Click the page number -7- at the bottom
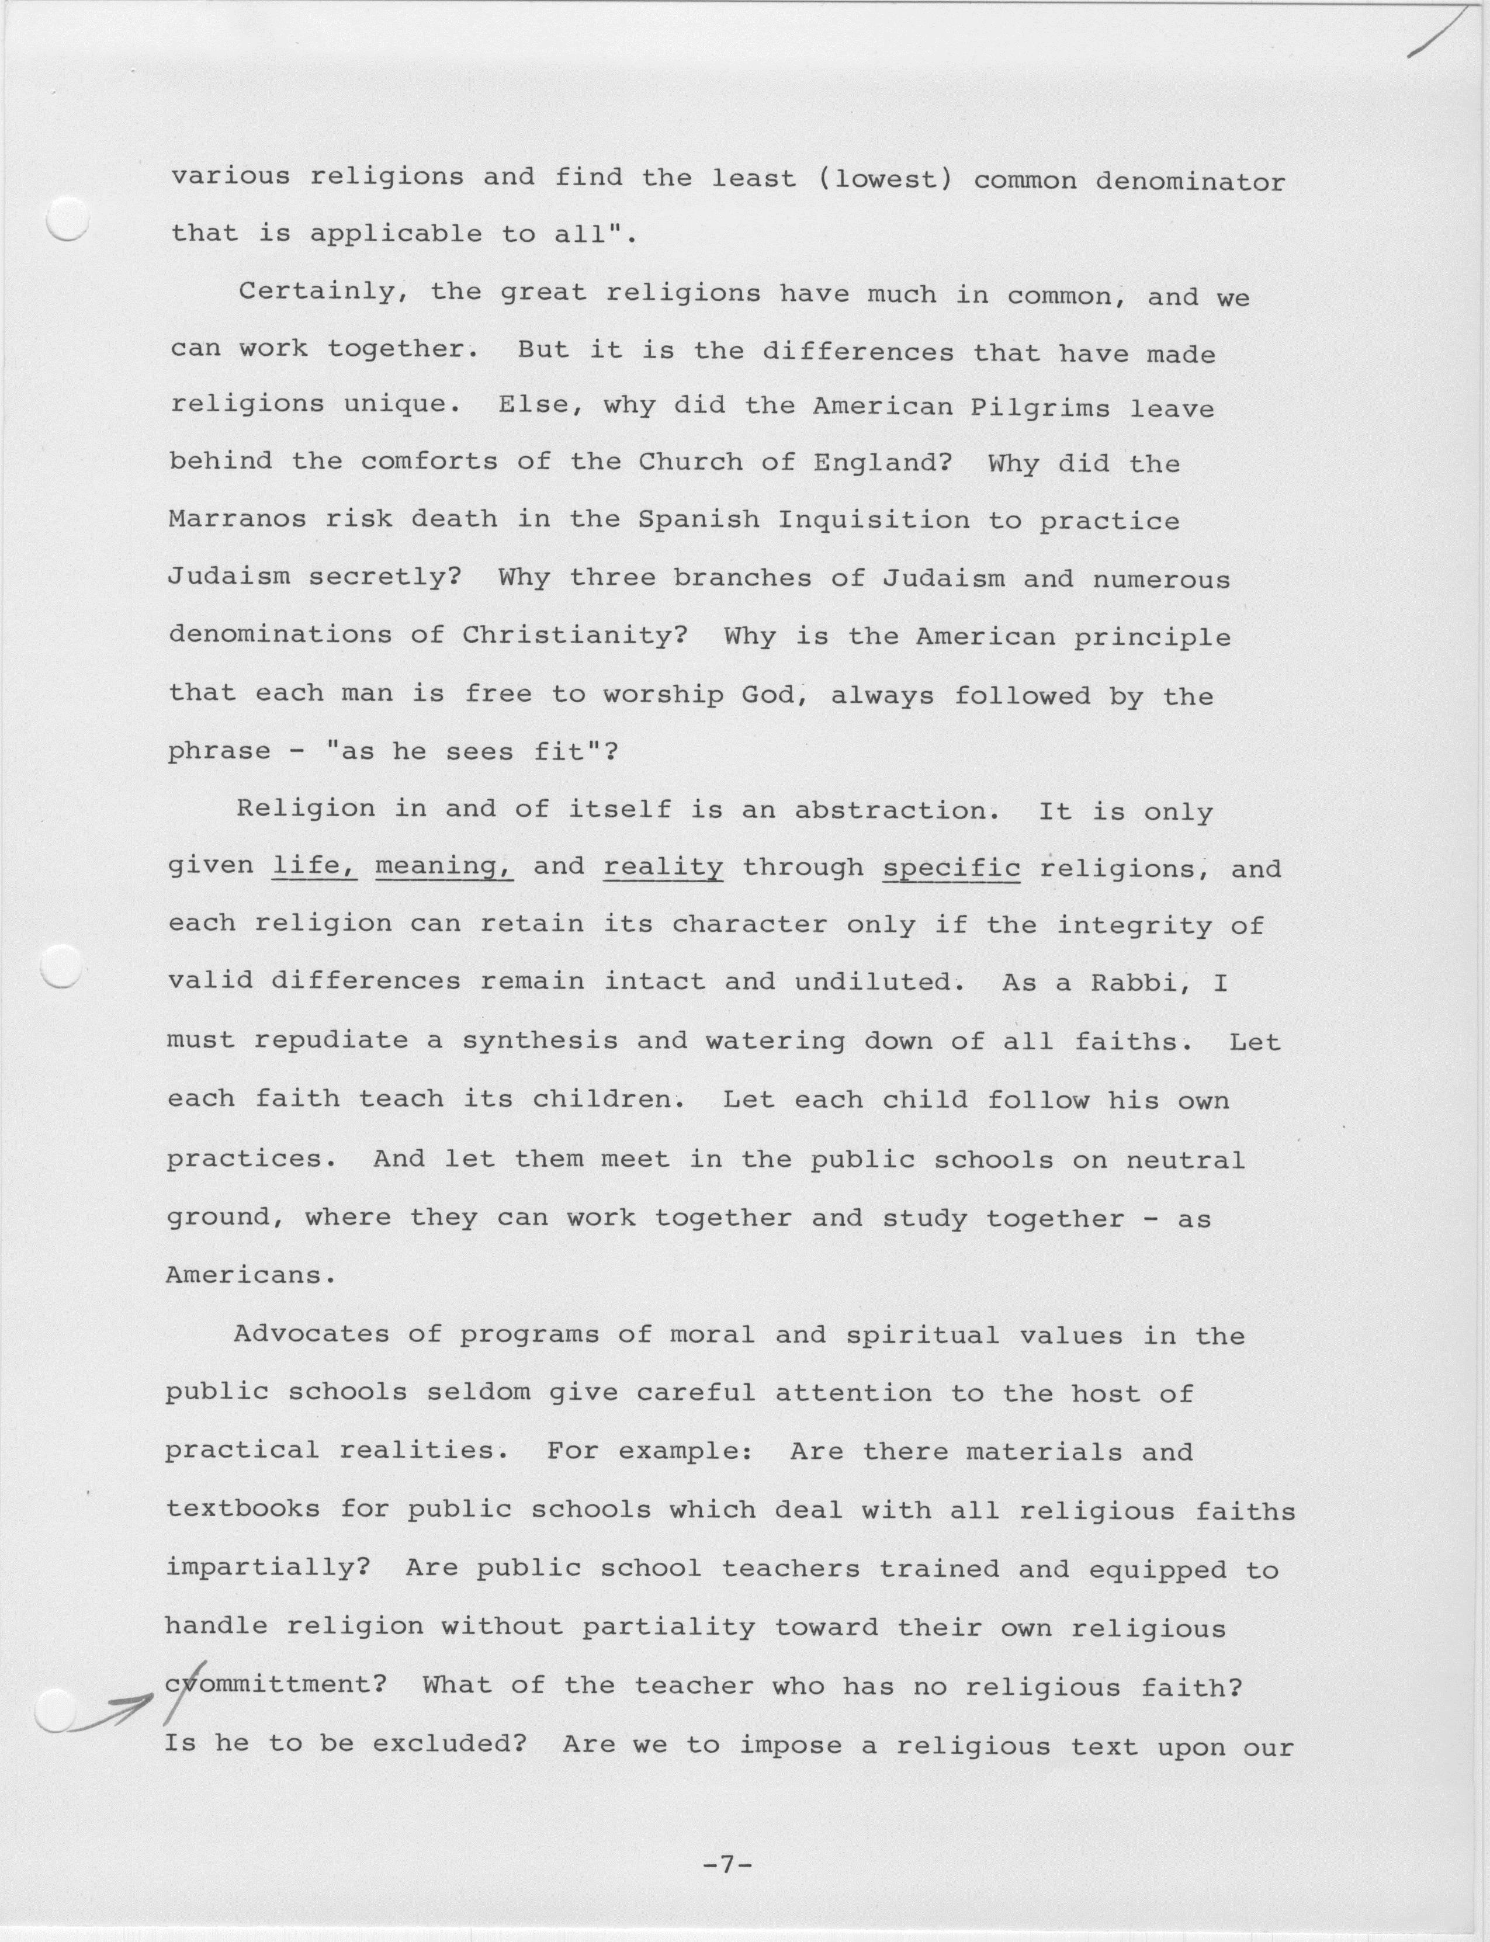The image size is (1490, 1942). pos(726,1865)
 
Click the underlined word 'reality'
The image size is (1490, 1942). pos(663,866)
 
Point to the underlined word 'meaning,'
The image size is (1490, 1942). pos(444,866)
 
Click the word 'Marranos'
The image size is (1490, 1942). pos(237,519)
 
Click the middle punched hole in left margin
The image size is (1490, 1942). pos(62,965)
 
